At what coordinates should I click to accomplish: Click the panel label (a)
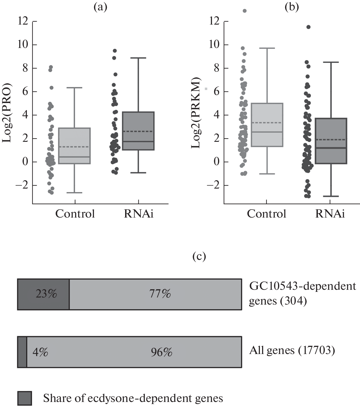[100, 7]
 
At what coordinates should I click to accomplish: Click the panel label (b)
[291, 7]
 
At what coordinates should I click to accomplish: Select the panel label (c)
[199, 256]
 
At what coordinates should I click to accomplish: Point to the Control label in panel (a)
[75, 214]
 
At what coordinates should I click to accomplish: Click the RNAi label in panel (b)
[330, 214]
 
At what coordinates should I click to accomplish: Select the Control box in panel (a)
[75, 146]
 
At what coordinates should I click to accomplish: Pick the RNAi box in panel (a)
[138, 131]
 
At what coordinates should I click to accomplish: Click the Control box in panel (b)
[267, 125]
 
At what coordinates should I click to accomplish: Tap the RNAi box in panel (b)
[330, 141]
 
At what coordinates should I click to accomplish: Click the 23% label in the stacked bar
[46, 294]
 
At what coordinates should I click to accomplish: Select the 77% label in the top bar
[160, 294]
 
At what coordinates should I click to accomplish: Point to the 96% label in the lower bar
[161, 352]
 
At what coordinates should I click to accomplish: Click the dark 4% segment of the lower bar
[22, 352]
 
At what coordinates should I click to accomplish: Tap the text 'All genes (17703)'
[292, 351]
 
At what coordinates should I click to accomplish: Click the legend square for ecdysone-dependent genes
[25, 398]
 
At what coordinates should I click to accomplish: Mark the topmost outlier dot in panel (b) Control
[244, 11]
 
